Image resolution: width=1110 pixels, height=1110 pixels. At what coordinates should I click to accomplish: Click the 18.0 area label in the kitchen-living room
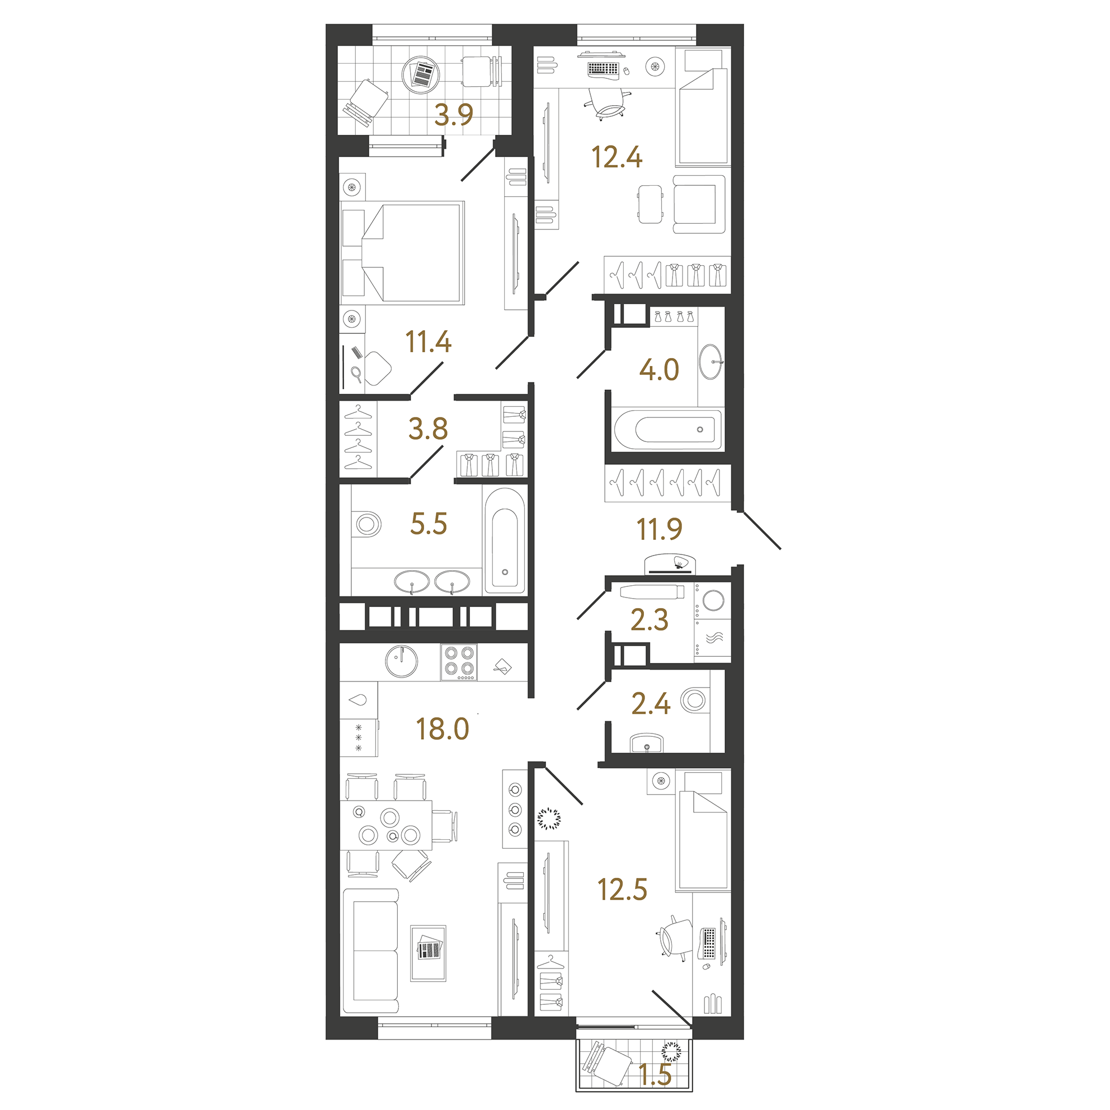pos(443,729)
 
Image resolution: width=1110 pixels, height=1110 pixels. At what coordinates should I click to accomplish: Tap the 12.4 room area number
pos(617,157)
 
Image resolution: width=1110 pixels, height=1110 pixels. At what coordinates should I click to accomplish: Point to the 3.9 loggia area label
pos(453,114)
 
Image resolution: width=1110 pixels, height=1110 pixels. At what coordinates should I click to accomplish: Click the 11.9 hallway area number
pos(659,529)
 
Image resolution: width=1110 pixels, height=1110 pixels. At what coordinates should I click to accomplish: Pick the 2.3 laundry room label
pos(649,620)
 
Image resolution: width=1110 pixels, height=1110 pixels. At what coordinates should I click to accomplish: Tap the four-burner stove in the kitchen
pos(459,662)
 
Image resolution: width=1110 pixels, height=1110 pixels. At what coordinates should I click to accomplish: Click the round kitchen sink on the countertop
pos(402,662)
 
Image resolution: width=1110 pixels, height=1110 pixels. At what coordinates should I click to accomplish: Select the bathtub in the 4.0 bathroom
pos(666,429)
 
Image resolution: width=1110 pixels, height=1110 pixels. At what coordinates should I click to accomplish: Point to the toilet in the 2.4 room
pos(693,700)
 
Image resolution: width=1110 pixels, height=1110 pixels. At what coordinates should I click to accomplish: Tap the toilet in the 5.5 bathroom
pos(368,524)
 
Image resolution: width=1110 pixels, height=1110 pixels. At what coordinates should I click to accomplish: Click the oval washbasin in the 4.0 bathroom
pos(711,362)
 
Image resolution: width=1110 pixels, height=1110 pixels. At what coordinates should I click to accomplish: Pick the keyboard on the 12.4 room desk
pos(603,69)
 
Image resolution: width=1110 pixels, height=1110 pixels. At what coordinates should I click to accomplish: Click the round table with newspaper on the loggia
pos(421,74)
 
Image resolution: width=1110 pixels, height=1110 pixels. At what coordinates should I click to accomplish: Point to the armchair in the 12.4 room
pos(698,205)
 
